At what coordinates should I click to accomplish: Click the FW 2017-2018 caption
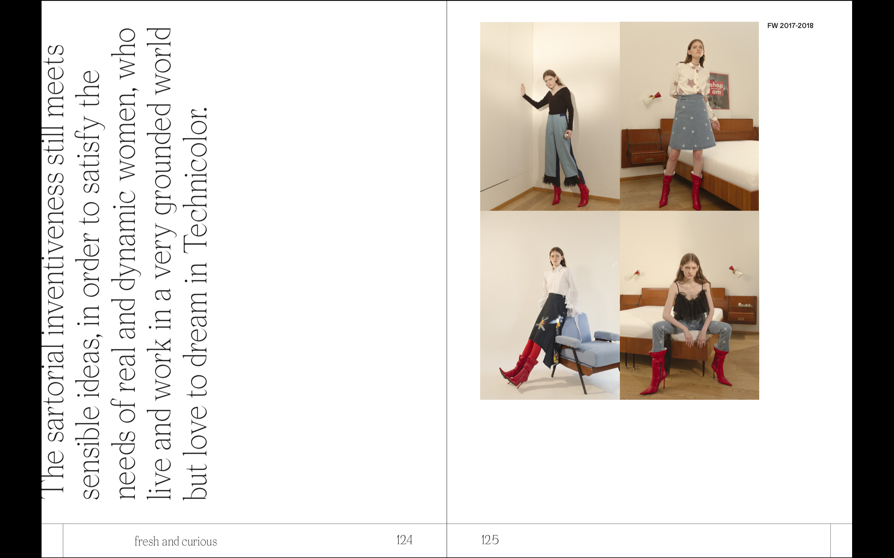tap(790, 25)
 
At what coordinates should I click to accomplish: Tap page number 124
tap(404, 540)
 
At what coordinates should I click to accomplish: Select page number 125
tap(490, 540)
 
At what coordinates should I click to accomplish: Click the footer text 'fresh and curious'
tap(175, 541)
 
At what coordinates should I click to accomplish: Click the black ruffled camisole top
tap(690, 303)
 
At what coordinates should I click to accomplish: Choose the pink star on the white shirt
tap(689, 83)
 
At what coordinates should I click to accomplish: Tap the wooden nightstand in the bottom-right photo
tap(742, 310)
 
